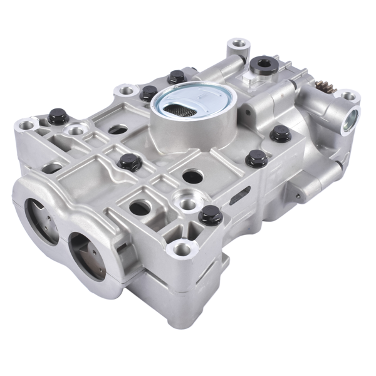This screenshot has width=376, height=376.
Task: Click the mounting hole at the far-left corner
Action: (x=27, y=125)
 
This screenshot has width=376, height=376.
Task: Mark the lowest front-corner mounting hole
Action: (x=182, y=249)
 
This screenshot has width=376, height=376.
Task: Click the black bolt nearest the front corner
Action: (x=210, y=214)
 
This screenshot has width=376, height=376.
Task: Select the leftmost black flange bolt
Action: (x=56, y=117)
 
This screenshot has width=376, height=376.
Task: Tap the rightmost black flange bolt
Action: (x=281, y=132)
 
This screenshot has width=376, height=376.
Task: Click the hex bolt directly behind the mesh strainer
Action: (x=177, y=76)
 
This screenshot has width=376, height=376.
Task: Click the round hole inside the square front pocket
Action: (x=140, y=206)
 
